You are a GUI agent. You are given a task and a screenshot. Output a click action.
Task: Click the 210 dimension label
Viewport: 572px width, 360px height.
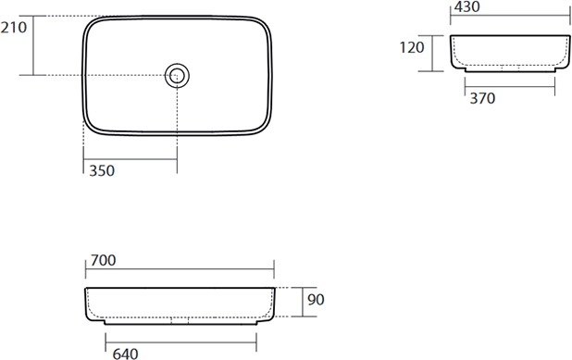(14, 28)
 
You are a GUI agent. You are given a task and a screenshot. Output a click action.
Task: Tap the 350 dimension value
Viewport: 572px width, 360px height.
(102, 170)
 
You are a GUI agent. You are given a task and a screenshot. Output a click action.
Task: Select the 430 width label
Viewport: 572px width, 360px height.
(466, 6)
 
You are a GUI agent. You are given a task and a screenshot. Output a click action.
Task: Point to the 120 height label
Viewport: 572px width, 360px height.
(412, 47)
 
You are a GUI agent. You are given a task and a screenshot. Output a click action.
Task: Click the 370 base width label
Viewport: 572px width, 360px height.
(482, 98)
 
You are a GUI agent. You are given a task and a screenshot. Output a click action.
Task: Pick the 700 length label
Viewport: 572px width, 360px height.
(104, 260)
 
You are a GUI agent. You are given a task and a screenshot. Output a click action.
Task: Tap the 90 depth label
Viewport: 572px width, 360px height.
(316, 300)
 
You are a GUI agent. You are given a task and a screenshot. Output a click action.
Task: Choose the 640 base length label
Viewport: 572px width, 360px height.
(126, 354)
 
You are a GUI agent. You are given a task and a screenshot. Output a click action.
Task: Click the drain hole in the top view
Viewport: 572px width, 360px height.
(177, 76)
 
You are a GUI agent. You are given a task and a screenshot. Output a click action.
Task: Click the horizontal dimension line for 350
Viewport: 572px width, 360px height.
(131, 159)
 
